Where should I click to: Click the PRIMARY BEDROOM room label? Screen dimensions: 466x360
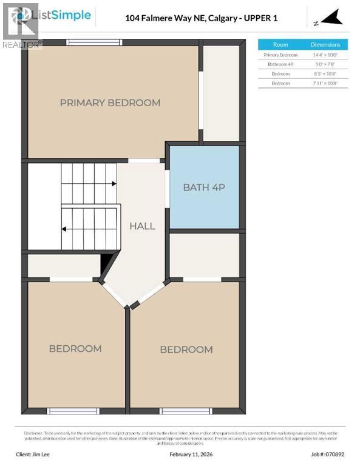point(110,103)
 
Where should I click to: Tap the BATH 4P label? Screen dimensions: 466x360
point(204,187)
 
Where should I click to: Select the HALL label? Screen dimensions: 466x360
point(142,226)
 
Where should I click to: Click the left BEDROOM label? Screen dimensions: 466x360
point(75,348)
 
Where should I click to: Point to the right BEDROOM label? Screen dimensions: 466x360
point(186,349)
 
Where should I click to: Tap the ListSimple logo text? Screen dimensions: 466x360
point(64,15)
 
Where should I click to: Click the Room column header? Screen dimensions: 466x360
point(280,45)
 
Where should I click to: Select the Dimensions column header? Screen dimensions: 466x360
point(325,45)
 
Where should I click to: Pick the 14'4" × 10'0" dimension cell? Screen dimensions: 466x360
point(325,55)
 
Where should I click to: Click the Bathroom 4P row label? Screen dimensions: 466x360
point(280,64)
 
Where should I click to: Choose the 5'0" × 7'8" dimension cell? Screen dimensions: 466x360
point(325,64)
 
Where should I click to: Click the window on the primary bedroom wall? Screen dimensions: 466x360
point(93,42)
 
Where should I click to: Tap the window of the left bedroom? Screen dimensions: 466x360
point(73,411)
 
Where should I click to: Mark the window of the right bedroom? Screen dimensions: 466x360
point(186,411)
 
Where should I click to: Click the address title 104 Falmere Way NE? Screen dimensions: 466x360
point(201,18)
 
